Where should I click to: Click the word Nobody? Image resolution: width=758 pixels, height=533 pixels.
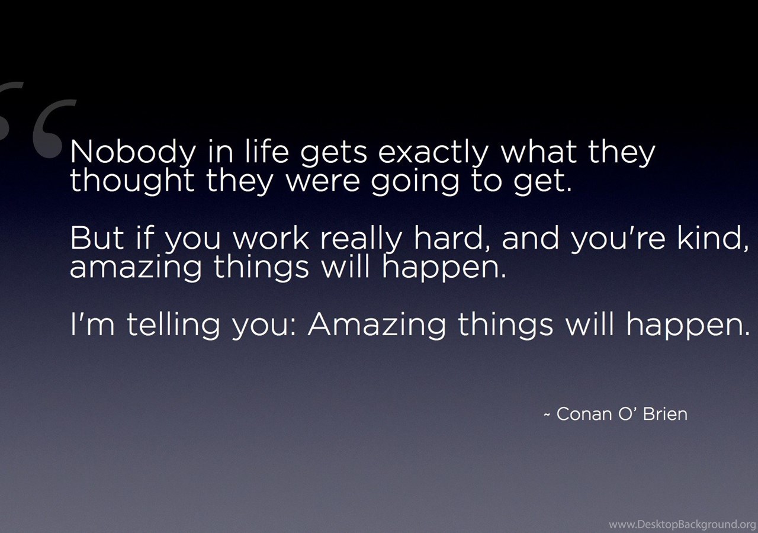[x=133, y=153]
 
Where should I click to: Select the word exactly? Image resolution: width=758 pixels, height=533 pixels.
[x=432, y=153]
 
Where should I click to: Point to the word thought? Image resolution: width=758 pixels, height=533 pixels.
[x=132, y=181]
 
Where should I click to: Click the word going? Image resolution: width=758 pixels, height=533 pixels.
[x=415, y=182]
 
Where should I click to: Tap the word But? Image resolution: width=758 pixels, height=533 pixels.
[x=97, y=238]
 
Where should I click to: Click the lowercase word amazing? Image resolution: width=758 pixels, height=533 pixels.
[x=136, y=268]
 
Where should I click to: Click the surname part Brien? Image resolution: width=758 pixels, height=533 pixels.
[x=665, y=413]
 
